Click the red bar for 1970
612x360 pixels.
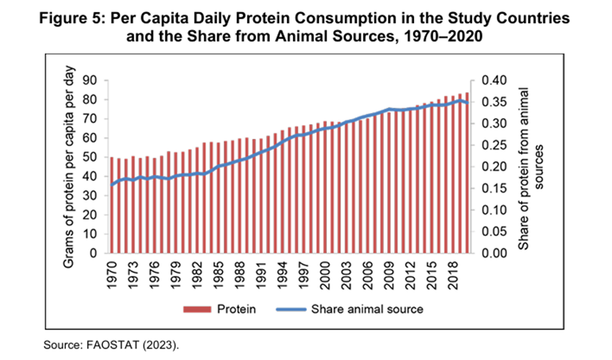[112, 205]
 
